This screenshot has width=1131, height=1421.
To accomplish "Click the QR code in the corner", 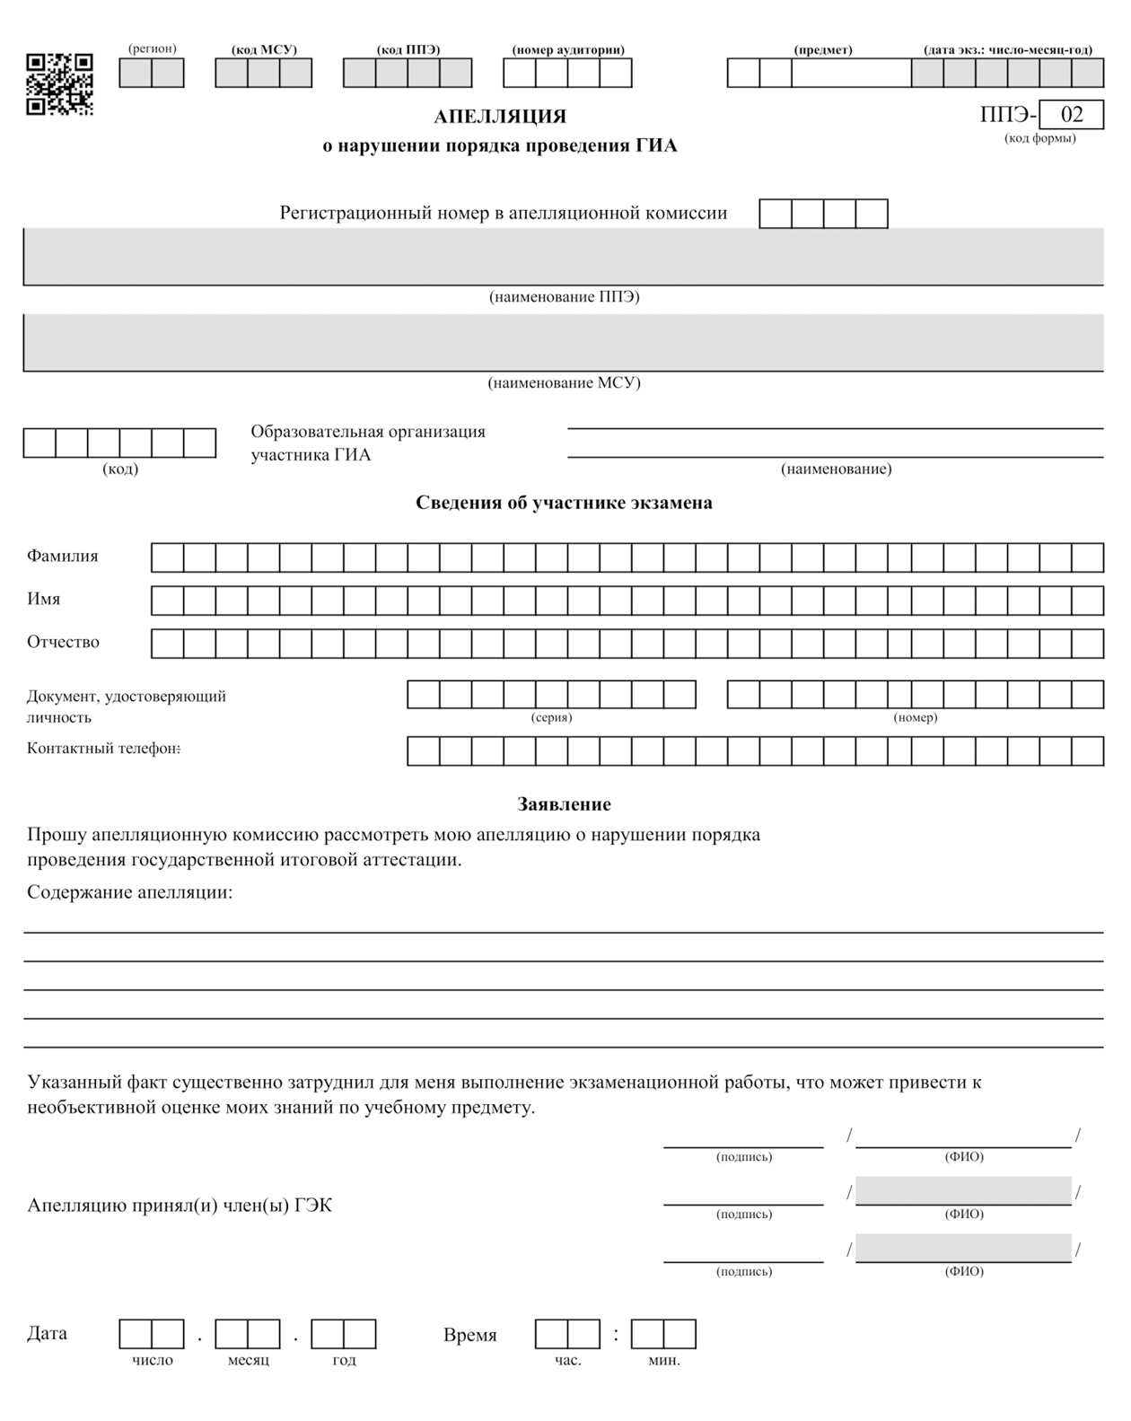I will click(x=59, y=83).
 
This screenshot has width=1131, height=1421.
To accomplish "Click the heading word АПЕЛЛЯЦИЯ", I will click(x=500, y=117).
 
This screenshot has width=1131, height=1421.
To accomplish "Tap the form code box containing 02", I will click(x=1072, y=115).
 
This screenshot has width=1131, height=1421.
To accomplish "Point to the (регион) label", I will click(x=152, y=48).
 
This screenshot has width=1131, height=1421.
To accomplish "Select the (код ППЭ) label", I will click(x=408, y=49).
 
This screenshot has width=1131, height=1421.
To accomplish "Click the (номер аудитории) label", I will click(x=567, y=49).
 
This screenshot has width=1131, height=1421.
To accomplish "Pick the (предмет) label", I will click(x=823, y=49).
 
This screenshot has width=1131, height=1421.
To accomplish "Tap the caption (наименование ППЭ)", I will click(x=564, y=297).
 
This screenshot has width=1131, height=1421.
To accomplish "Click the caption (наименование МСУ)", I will click(x=564, y=383).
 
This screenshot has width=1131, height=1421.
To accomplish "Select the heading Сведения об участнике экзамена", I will click(x=564, y=503).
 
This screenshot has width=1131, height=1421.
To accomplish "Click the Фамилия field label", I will click(x=63, y=556).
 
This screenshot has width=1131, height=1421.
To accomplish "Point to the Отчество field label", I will click(x=63, y=642).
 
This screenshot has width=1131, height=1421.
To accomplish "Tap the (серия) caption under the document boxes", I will click(x=551, y=717).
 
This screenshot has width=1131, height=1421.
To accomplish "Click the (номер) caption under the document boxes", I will click(x=915, y=717).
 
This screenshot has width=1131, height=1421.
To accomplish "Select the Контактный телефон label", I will click(x=103, y=749).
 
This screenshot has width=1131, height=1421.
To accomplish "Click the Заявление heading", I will click(x=564, y=804).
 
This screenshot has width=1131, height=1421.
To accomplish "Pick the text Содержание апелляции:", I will click(x=129, y=892).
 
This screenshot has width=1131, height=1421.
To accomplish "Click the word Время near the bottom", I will click(x=469, y=1335).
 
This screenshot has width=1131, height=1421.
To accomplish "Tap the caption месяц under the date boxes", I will click(x=248, y=1360).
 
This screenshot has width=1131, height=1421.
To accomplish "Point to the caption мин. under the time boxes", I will click(x=663, y=1360).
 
